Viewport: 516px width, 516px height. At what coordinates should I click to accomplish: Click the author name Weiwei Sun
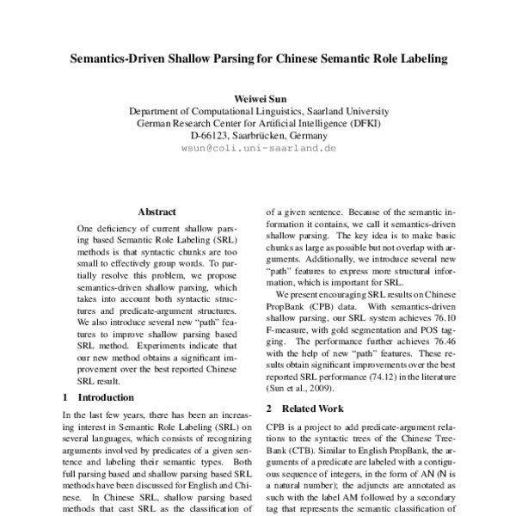tap(258, 99)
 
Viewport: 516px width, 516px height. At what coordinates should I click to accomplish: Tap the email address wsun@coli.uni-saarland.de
tap(258, 148)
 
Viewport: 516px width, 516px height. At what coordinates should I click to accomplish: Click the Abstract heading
tap(157, 211)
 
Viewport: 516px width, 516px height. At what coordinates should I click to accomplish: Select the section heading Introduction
tap(106, 397)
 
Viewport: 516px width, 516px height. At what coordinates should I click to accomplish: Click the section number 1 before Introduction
tap(67, 397)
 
